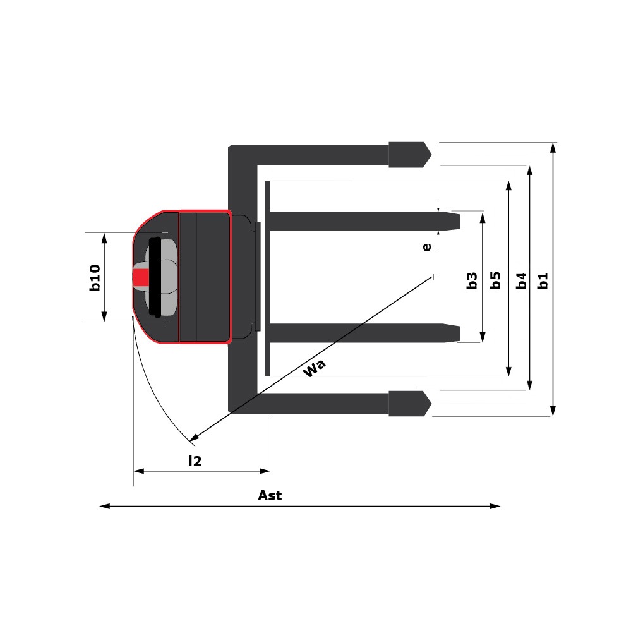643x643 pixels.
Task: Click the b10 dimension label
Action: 95,278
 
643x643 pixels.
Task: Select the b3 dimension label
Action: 472,280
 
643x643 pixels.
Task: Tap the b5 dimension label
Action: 495,280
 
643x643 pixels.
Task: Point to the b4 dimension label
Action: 521,280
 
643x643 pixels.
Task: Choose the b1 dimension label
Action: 543,280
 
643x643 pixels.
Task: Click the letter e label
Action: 427,247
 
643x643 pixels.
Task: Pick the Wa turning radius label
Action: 314,368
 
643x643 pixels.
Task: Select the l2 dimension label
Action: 195,461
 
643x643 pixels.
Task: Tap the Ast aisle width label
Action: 270,495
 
